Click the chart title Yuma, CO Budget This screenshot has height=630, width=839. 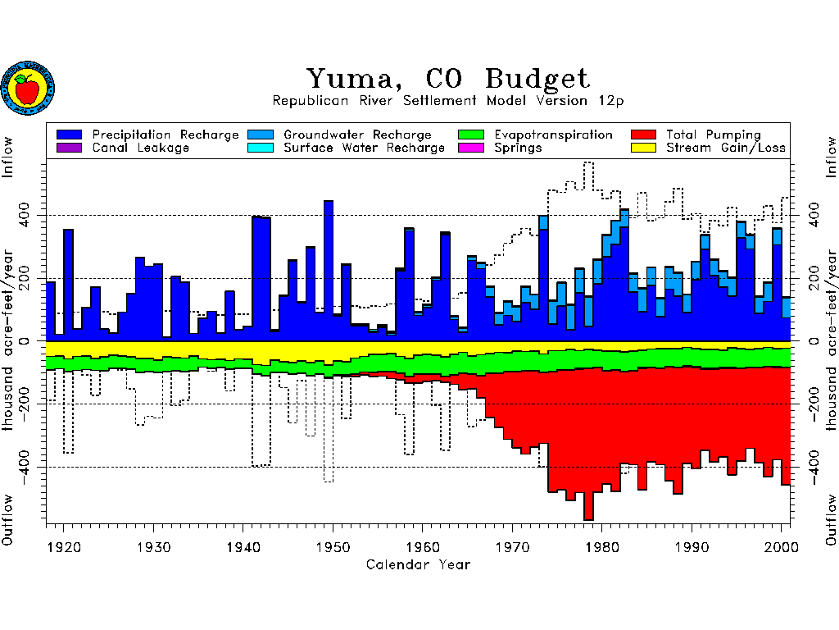tap(447, 79)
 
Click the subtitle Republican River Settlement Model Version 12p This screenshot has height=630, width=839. tap(447, 101)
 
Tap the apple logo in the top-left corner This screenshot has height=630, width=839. tap(27, 88)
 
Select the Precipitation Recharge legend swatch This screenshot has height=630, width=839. tap(70, 135)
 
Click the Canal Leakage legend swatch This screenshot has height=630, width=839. tap(70, 148)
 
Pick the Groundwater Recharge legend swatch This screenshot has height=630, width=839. tap(261, 135)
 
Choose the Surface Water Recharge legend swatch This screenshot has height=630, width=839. tap(261, 148)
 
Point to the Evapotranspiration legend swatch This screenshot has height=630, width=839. tap(472, 135)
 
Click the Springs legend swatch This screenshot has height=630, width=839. tap(472, 148)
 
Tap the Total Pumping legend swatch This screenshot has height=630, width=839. tap(643, 135)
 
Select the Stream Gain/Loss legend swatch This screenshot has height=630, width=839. tap(643, 148)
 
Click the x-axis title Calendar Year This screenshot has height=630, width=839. tap(418, 564)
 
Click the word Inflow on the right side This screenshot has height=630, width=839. tap(831, 157)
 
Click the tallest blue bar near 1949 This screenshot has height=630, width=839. tap(329, 271)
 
